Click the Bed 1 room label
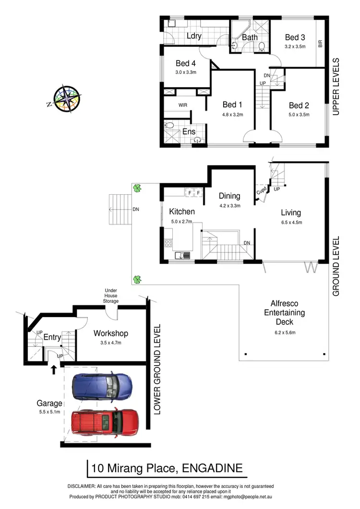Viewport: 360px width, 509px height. coord(233,105)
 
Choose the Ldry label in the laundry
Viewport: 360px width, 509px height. coord(193,36)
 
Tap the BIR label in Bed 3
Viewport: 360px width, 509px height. coord(320,44)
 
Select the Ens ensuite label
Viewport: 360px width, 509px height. coord(189,132)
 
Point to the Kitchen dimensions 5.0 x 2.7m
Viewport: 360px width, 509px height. coord(181,222)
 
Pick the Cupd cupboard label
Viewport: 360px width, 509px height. coord(262,191)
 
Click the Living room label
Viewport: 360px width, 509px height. coord(291,213)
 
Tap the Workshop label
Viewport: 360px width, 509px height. coord(110,333)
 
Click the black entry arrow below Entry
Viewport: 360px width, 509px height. coord(53,369)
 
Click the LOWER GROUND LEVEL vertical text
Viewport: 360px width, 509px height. coord(156,369)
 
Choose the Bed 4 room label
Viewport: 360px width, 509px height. coord(186,63)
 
